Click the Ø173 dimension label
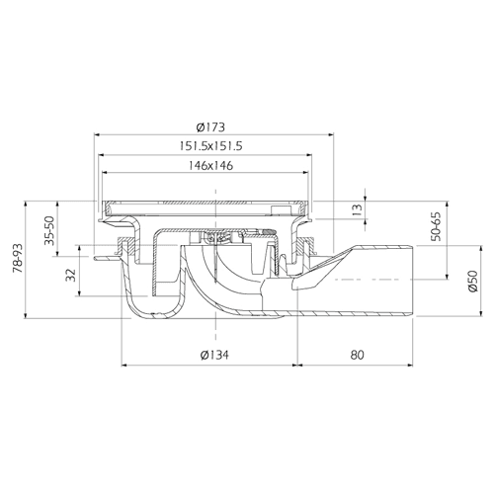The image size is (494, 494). coord(210,126)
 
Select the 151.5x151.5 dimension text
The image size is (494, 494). coord(210,145)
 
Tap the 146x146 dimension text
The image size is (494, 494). coord(210,165)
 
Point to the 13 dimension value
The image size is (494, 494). coord(357,208)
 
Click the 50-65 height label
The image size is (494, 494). coord(436,226)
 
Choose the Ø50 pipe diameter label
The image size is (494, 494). coord(473,281)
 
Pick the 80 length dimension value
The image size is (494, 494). coord(357,355)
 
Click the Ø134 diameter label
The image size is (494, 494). coord(214,355)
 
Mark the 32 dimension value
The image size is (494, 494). coord(71,275)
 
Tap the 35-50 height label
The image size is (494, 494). coord(49,230)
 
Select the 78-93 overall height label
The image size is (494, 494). coord(18,258)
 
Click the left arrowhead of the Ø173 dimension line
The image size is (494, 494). coord(97,134)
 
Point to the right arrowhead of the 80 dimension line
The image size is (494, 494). coord(410,365)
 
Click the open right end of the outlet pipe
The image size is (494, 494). coord(412,281)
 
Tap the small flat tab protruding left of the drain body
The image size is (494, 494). coord(106,259)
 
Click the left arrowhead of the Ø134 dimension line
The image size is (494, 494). coord(124,365)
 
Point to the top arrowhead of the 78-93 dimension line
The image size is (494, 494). coord(26,204)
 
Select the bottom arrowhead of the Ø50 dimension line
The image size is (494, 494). coord(481,313)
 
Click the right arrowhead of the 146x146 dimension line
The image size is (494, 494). coord(306,172)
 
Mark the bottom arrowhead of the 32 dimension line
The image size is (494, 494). coord(79,293)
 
